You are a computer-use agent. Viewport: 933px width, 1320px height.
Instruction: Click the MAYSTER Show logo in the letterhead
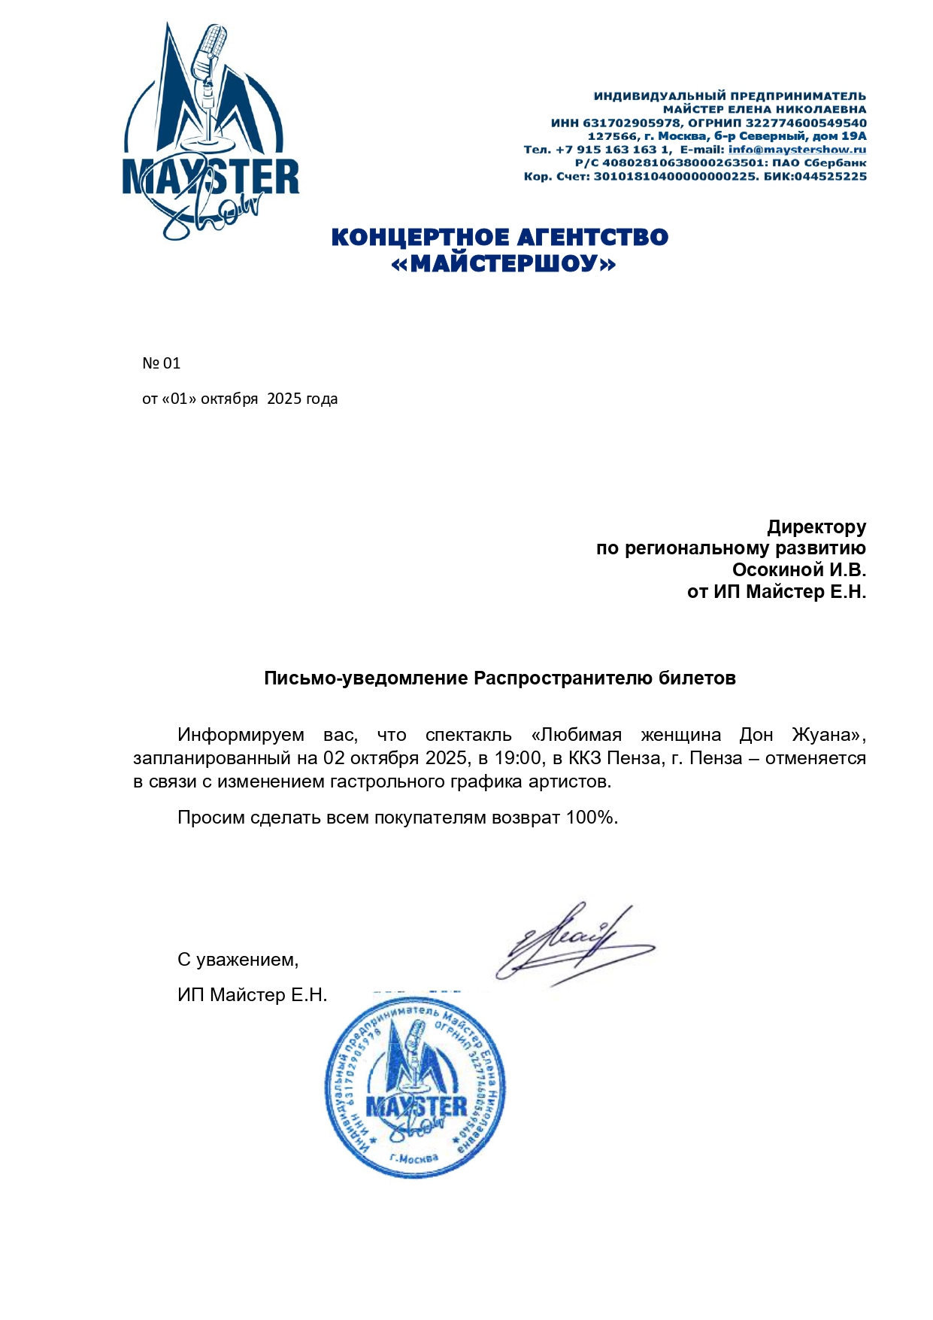pyautogui.click(x=210, y=132)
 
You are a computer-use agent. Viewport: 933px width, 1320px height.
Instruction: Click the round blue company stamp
pyautogui.click(x=415, y=1086)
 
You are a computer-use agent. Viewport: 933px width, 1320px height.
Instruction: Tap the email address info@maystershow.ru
pyautogui.click(x=797, y=150)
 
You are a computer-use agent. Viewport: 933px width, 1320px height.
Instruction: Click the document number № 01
pyautogui.click(x=161, y=363)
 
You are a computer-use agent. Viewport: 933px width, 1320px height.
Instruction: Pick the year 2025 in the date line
pyautogui.click(x=283, y=399)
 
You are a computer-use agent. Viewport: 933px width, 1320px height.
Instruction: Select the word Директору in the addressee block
pyautogui.click(x=816, y=526)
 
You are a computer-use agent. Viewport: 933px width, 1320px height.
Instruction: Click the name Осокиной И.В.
pyautogui.click(x=798, y=569)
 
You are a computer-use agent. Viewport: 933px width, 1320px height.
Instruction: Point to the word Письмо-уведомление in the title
pyautogui.click(x=365, y=678)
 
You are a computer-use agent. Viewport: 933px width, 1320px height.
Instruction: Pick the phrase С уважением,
pyautogui.click(x=238, y=960)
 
